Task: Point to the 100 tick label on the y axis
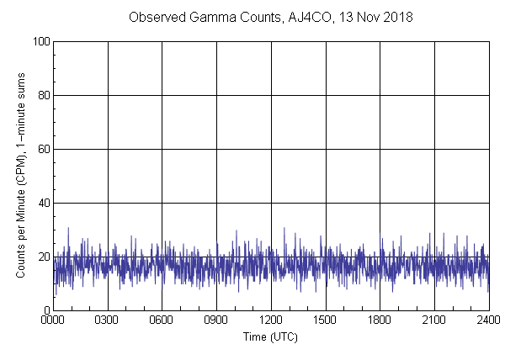pyautogui.click(x=40, y=41)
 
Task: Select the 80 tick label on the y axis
pyautogui.click(x=44, y=95)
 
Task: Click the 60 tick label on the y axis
pyautogui.click(x=44, y=149)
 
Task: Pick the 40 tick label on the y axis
pyautogui.click(x=44, y=203)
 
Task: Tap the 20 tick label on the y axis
pyautogui.click(x=44, y=257)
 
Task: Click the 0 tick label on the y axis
pyautogui.click(x=46, y=310)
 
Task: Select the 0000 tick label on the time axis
pyautogui.click(x=54, y=321)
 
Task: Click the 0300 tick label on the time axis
pyautogui.click(x=108, y=321)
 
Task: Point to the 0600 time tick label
pyautogui.click(x=162, y=321)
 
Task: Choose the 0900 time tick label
pyautogui.click(x=216, y=321)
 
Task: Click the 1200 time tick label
pyautogui.click(x=271, y=321)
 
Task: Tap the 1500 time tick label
pyautogui.click(x=326, y=321)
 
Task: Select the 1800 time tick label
pyautogui.click(x=380, y=321)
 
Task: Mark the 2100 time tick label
pyautogui.click(x=434, y=321)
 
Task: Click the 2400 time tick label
pyautogui.click(x=488, y=321)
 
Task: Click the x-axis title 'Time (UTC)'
pyautogui.click(x=270, y=336)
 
